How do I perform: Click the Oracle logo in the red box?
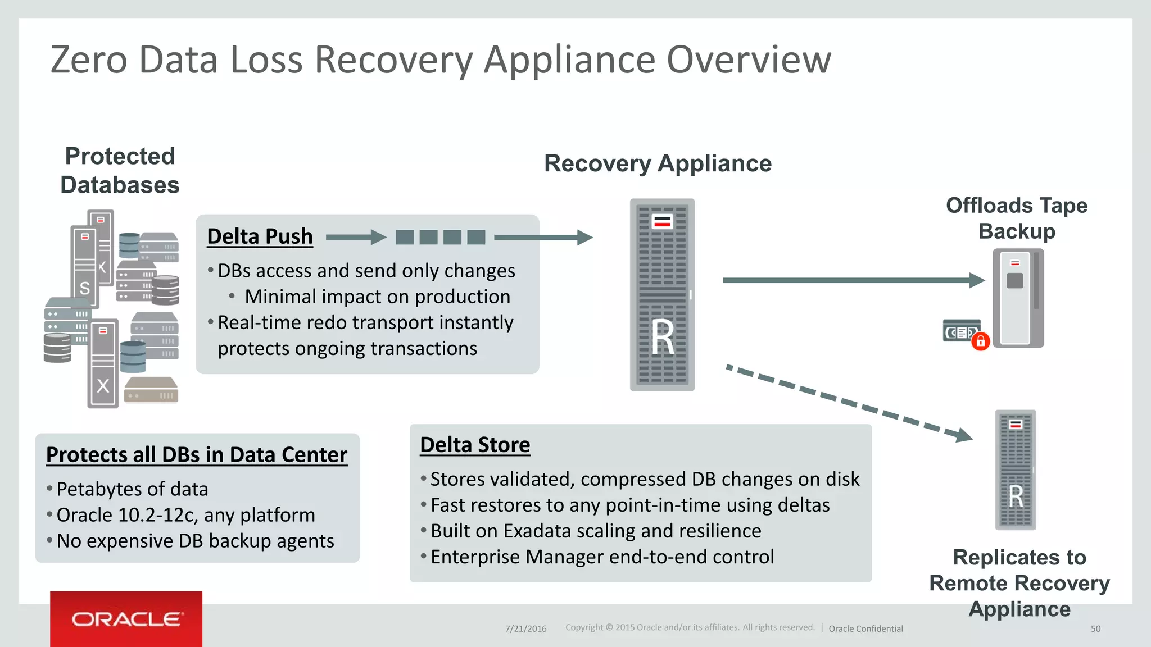click(x=126, y=619)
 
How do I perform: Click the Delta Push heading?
click(x=260, y=236)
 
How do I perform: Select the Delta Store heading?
click(x=475, y=445)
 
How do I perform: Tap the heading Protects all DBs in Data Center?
click(x=197, y=455)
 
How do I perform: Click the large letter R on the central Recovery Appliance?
click(x=663, y=338)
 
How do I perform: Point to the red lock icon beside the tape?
click(x=981, y=341)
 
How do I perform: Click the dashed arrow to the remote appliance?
click(x=849, y=403)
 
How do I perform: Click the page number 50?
click(x=1095, y=629)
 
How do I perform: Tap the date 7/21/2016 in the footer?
click(x=525, y=629)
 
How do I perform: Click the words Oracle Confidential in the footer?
click(x=865, y=629)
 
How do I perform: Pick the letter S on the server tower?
click(x=84, y=289)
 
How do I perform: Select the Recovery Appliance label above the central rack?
click(x=658, y=163)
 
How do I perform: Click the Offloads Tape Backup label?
click(x=1016, y=218)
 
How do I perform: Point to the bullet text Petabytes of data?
click(x=132, y=489)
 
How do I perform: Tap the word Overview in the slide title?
click(x=748, y=60)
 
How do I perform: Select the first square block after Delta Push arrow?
click(x=404, y=238)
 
